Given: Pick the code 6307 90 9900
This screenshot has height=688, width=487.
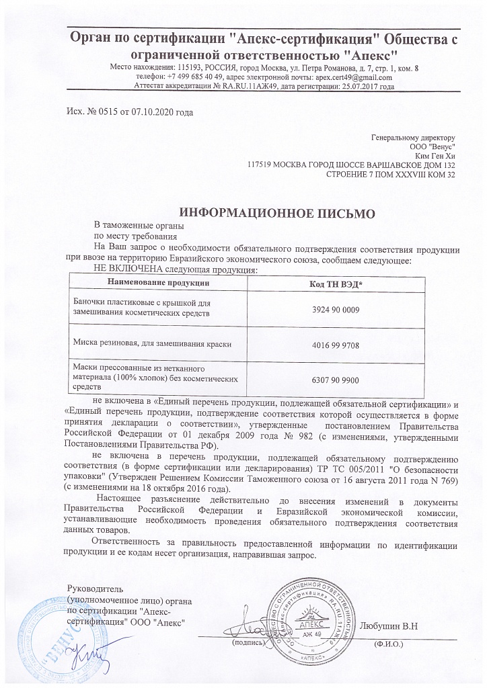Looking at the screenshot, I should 336,380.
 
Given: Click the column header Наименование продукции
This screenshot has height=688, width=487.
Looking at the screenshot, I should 158,284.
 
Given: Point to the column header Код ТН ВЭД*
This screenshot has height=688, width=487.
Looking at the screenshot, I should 336,284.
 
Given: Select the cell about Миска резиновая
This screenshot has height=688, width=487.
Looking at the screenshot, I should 152,343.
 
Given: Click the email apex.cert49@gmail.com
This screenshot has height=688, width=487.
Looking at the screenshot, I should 354,77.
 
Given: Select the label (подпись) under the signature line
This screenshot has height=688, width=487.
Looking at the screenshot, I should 248,644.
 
